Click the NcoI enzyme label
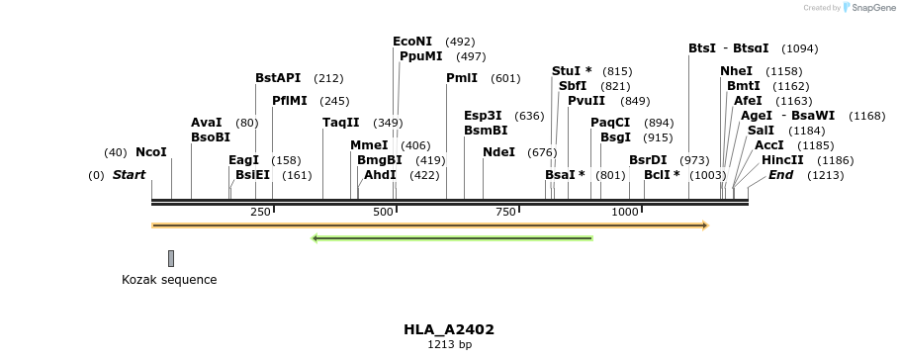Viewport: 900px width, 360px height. (151, 152)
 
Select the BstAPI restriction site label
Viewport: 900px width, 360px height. (278, 78)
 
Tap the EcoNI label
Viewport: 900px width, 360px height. (412, 42)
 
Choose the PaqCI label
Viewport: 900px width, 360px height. (610, 123)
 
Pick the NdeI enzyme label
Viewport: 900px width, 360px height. (498, 152)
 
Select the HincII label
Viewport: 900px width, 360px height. (781, 160)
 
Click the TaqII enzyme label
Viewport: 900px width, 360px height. (341, 123)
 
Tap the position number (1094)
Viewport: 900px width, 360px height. (799, 48)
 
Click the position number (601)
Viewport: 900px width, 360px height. (505, 78)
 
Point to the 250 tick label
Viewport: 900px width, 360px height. (261, 213)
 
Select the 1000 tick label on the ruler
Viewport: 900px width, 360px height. (625, 213)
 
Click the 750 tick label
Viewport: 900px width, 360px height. (505, 213)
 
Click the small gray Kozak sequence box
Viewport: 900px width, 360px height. (171, 258)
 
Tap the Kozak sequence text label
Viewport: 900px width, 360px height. (169, 280)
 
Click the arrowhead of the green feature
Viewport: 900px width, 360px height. (315, 238)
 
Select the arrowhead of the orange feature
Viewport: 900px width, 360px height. (704, 225)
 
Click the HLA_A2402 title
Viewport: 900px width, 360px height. (449, 329)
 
